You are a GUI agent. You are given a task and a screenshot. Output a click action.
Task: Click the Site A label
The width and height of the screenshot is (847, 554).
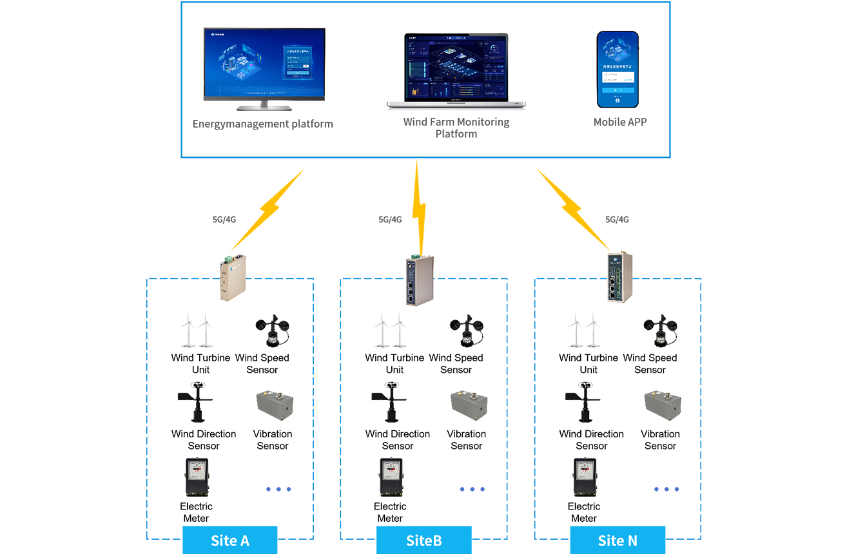[230, 540]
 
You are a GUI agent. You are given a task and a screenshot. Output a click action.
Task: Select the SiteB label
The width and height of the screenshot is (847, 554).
[424, 540]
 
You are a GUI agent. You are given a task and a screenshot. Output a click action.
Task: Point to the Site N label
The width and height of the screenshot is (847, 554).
[617, 540]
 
